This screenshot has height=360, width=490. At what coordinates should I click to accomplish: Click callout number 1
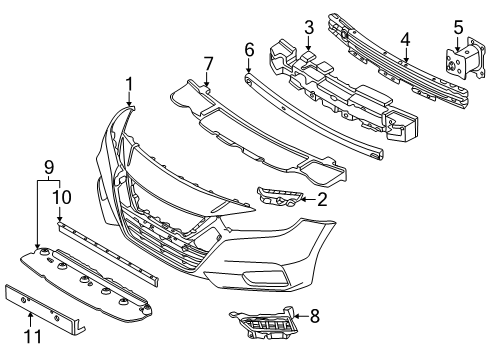pyautogui.click(x=128, y=82)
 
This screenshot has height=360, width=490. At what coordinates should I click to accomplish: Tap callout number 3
pyautogui.click(x=310, y=26)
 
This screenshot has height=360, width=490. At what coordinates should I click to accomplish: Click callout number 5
pyautogui.click(x=459, y=26)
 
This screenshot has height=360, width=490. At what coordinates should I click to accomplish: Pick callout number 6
pyautogui.click(x=249, y=47)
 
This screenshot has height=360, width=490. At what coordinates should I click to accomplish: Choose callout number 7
pyautogui.click(x=208, y=65)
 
